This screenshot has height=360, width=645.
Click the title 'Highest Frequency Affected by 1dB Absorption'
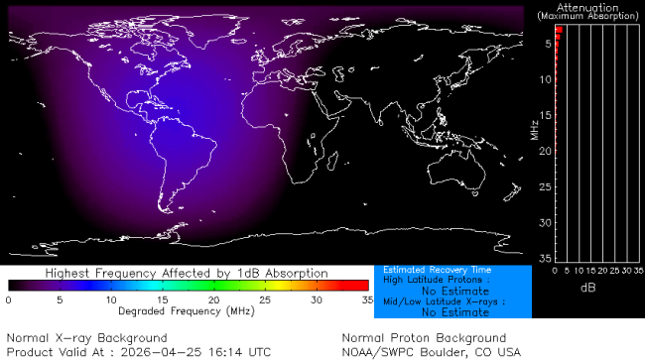188,272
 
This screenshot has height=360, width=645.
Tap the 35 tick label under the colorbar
366,299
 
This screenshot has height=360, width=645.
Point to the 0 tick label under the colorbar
8,299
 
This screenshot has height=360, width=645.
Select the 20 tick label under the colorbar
213,299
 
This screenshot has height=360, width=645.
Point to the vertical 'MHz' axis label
534,129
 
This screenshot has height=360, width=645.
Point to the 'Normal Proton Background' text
424,338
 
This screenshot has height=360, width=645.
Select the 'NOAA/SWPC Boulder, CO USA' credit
431,351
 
